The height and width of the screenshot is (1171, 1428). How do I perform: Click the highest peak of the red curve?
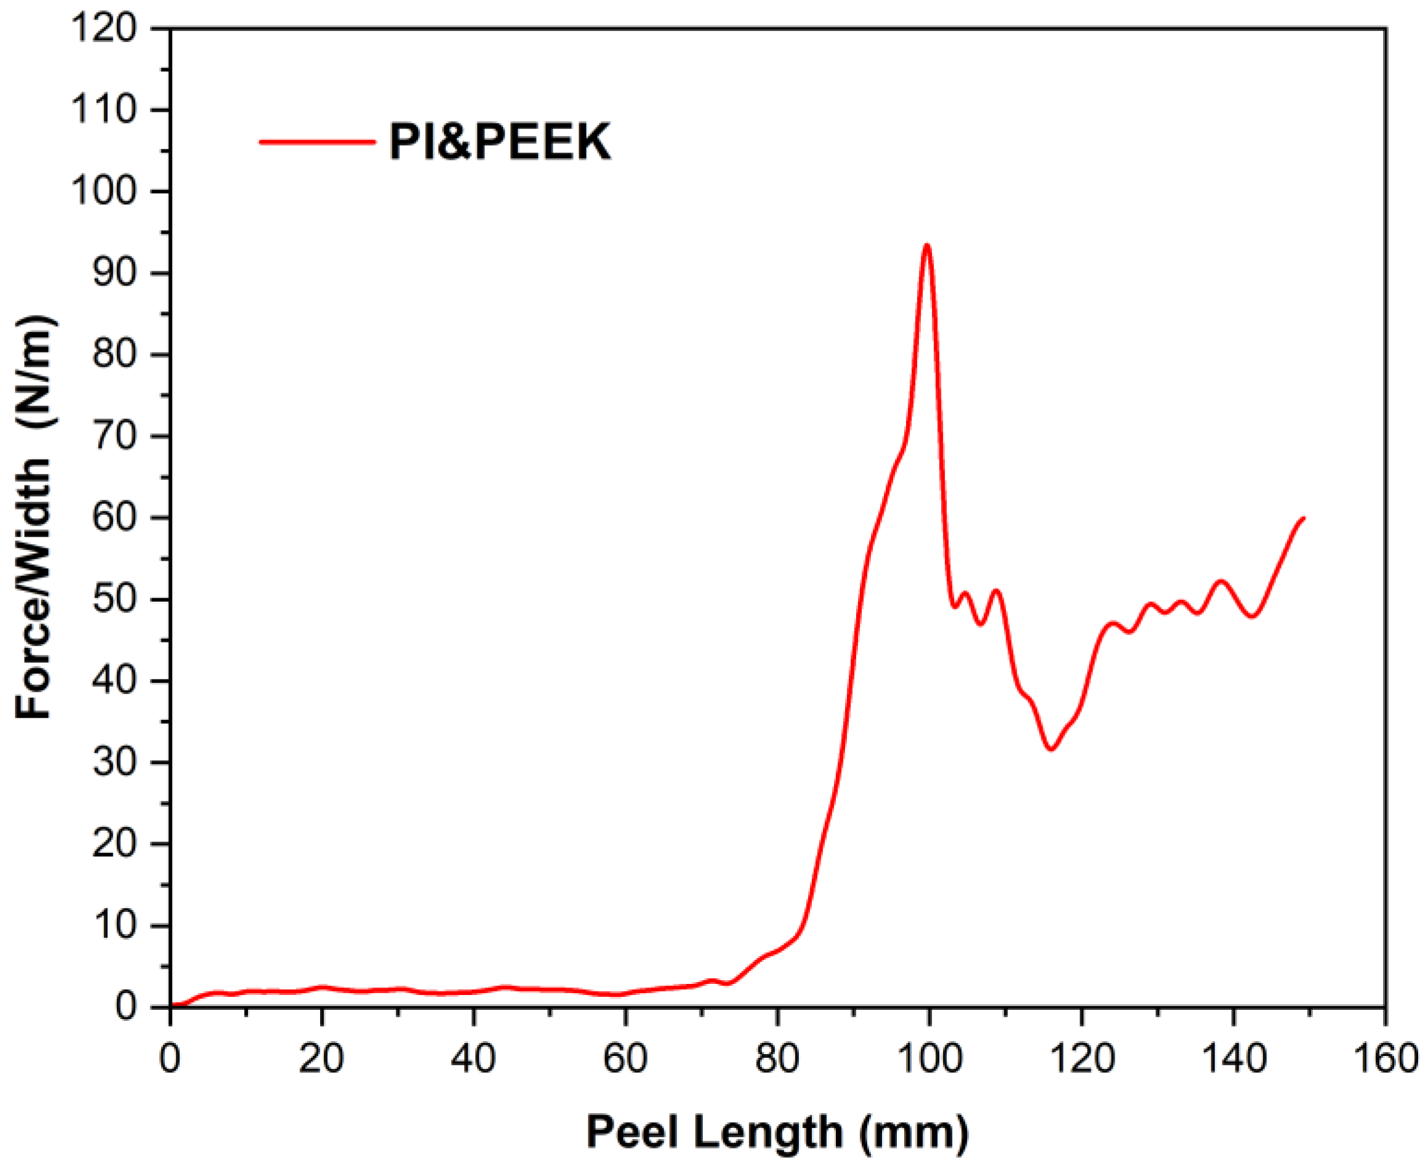point(927,245)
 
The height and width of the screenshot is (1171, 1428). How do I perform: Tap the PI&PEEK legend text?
point(500,142)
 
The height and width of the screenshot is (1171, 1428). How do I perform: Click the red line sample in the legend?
point(317,142)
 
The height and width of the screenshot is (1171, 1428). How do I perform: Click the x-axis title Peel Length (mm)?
point(777,1131)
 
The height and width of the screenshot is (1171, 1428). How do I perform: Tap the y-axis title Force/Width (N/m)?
point(35,518)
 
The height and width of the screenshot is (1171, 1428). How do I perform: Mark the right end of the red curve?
point(1304,518)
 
